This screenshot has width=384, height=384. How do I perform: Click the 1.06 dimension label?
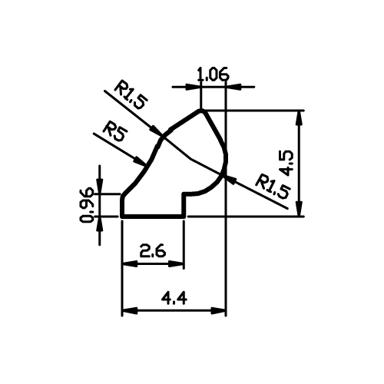[214, 74]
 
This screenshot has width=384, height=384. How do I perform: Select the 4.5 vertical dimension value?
[288, 163]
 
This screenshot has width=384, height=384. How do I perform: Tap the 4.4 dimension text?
[174, 299]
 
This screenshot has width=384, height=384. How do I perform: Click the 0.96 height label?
[87, 205]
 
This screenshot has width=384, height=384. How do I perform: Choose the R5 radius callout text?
[115, 133]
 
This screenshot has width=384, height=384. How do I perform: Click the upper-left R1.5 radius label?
[131, 94]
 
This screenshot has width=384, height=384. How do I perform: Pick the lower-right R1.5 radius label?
[273, 186]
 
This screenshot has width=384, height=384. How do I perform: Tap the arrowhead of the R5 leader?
[140, 161]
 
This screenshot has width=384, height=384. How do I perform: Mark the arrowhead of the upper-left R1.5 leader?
[156, 130]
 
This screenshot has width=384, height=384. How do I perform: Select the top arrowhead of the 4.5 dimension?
[299, 118]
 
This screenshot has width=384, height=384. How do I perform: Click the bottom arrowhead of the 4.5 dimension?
[299, 209]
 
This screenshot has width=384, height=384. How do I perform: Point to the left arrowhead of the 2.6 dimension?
[130, 264]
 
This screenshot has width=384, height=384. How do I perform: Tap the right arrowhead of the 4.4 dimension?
[218, 311]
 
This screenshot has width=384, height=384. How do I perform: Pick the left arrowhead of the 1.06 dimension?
[193, 87]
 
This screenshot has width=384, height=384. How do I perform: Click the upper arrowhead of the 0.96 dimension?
[100, 187]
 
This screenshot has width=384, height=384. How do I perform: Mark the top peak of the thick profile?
[201, 111]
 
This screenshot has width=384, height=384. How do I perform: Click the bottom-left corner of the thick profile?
[122, 217]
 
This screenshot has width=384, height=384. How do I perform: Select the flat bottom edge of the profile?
[153, 217]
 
